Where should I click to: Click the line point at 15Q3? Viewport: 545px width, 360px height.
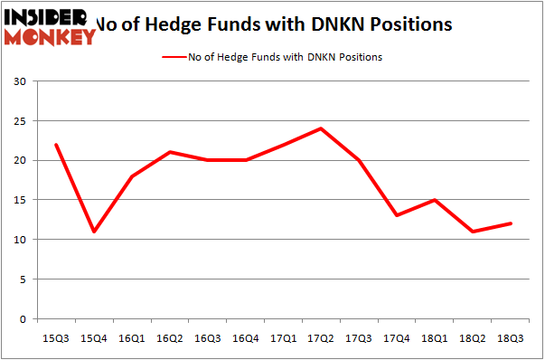click(56, 145)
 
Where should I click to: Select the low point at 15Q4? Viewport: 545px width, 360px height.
click(94, 232)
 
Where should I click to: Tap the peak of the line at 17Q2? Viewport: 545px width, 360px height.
click(321, 128)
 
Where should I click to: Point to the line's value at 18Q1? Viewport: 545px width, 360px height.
click(435, 200)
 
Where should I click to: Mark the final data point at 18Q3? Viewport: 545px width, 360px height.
click(511, 223)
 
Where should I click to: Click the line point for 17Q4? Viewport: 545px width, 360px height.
click(397, 215)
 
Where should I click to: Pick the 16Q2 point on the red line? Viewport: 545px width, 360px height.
click(170, 152)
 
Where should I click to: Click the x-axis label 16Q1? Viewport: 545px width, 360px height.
click(132, 337)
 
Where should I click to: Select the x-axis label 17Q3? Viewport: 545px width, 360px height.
click(359, 337)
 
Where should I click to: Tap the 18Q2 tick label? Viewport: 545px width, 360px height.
click(473, 337)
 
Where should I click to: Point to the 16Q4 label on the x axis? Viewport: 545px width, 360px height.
click(246, 337)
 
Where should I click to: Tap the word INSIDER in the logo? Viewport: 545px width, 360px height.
click(45, 16)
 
